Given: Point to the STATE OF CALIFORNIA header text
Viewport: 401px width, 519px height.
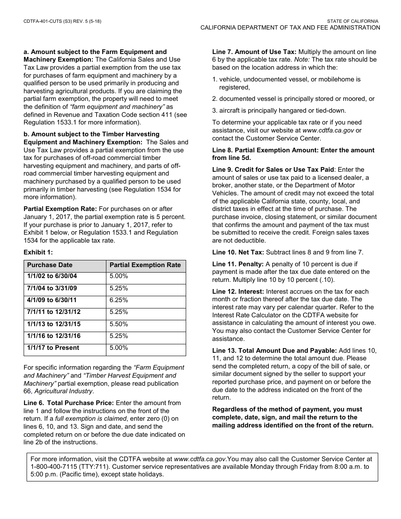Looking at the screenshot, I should pyautogui.click(x=353, y=21).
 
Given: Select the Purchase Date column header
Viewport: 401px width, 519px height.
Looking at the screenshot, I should pyautogui.click(x=50, y=265).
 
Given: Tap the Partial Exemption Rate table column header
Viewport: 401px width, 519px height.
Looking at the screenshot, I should pyautogui.click(x=145, y=265).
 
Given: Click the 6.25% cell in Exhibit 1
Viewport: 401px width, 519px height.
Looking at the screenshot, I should pyautogui.click(x=119, y=300).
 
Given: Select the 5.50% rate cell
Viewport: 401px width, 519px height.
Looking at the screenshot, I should pyautogui.click(x=119, y=324).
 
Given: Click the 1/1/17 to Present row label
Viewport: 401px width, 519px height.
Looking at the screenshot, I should pyautogui.click(x=53, y=348).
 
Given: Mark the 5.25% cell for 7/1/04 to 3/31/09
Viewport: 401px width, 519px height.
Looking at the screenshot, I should pyautogui.click(x=119, y=288).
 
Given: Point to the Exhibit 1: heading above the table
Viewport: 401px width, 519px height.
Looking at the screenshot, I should pyautogui.click(x=38, y=252).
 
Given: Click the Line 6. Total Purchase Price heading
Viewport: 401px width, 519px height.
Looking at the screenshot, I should pyautogui.click(x=69, y=403).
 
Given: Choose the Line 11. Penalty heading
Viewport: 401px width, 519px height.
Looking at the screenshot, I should pyautogui.click(x=238, y=264).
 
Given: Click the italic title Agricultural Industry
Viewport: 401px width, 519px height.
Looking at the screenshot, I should pyautogui.click(x=63, y=391).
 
